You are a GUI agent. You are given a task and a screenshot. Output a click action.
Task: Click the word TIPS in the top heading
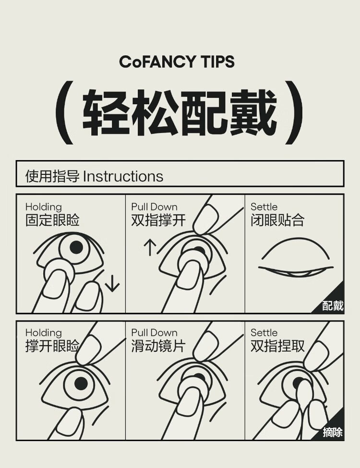coord(218,62)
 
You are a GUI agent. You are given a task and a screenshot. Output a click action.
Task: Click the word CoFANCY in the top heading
coord(157,62)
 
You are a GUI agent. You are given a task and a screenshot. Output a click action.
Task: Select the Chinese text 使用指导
coord(52,176)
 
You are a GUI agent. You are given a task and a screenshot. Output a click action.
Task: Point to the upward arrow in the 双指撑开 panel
coord(150,248)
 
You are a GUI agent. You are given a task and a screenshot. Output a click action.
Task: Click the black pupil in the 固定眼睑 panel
coord(76,247)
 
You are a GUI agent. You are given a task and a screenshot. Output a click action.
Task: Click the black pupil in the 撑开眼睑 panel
coord(81,383)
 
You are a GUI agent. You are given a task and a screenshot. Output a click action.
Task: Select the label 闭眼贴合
coord(277,220)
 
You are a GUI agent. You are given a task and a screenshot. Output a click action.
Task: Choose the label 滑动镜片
coord(158,346)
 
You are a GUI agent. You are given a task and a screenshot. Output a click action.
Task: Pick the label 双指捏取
coord(277,346)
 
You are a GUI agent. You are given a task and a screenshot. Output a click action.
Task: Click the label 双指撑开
coord(158,220)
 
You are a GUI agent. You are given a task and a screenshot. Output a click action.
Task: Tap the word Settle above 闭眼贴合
coord(264,207)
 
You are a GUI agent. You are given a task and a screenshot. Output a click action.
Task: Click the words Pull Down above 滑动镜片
coord(154,333)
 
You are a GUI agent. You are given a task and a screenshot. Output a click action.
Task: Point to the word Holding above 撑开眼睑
coord(44,333)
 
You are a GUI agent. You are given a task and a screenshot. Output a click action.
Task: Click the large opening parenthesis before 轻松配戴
coord(64,112)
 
